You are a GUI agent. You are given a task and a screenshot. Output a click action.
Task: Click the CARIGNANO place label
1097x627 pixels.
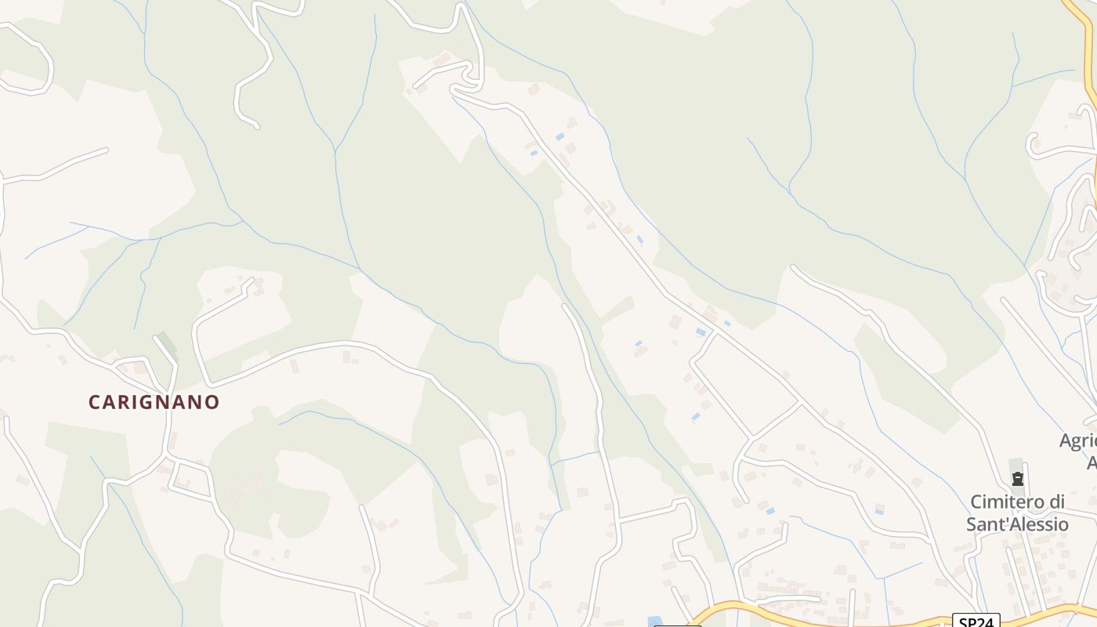(154, 402)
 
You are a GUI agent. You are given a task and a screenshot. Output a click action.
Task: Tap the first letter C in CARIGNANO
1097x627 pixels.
(94, 402)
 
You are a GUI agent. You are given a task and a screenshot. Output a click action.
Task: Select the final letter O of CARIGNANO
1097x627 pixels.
(212, 402)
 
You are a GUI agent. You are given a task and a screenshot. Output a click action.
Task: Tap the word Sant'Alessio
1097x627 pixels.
(1017, 524)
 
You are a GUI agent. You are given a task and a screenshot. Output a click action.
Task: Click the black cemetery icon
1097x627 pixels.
(1018, 478)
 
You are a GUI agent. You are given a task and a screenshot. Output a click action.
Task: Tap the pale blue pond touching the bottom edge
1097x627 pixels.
(655, 622)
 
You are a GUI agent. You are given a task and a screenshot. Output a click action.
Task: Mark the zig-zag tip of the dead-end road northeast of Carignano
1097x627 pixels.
(252, 282)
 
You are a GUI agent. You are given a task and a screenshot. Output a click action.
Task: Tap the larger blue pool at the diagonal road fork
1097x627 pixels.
(701, 332)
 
